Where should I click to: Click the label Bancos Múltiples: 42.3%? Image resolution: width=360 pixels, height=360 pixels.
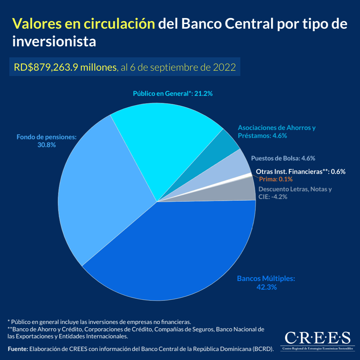tap(266, 283)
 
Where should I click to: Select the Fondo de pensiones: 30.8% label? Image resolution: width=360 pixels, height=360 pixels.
tap(47, 141)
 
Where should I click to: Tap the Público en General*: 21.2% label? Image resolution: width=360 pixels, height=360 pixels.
tap(173, 94)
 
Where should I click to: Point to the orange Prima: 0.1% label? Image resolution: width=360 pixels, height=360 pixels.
tap(276, 179)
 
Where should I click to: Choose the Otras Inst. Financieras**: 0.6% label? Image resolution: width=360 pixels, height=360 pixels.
tap(300, 172)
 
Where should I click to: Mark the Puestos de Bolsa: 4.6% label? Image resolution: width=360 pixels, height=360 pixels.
tap(283, 158)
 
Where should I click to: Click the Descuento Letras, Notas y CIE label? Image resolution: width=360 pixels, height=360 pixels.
tap(295, 193)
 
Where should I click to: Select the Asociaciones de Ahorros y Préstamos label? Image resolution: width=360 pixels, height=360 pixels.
tap(276, 132)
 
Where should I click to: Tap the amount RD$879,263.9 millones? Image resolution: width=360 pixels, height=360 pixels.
tap(65, 67)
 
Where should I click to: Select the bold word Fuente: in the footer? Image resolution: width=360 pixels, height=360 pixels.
tap(18, 349)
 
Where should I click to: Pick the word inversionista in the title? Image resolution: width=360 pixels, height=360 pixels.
tap(54, 42)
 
